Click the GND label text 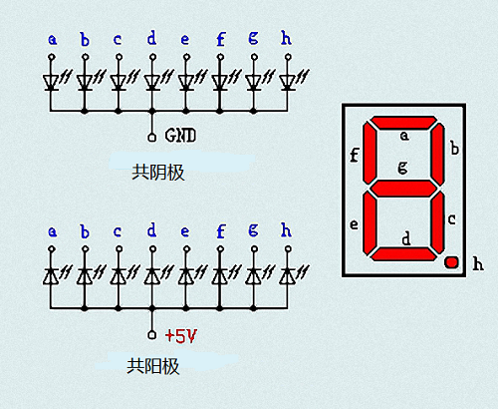pyautogui.click(x=180, y=136)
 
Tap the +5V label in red pyautogui.click(x=181, y=336)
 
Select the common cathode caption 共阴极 pyautogui.click(x=158, y=173)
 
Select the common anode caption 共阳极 pyautogui.click(x=153, y=366)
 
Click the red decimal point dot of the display pyautogui.click(x=451, y=262)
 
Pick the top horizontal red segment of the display pyautogui.click(x=403, y=123)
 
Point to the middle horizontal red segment pyautogui.click(x=403, y=189)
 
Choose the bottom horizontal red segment pyautogui.click(x=403, y=254)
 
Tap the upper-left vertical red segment pyautogui.click(x=370, y=154)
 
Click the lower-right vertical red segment pyautogui.click(x=438, y=222)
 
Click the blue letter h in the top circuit pyautogui.click(x=286, y=38)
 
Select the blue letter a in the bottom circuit pyautogui.click(x=52, y=231)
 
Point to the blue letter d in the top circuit pyautogui.click(x=151, y=38)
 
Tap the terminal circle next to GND pyautogui.click(x=151, y=138)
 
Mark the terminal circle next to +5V pyautogui.click(x=151, y=335)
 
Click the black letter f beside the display pyautogui.click(x=355, y=156)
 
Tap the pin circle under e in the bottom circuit pyautogui.click(x=186, y=248)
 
